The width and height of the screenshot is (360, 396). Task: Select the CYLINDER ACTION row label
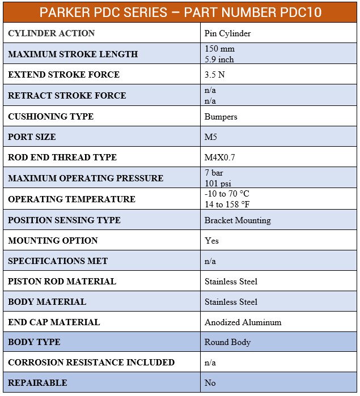click(x=52, y=33)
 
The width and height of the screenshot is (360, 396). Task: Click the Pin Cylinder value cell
click(x=227, y=33)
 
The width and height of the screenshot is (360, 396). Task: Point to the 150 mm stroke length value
click(x=219, y=49)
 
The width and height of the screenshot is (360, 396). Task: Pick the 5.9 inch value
click(x=219, y=59)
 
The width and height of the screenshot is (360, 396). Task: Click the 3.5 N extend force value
click(x=215, y=75)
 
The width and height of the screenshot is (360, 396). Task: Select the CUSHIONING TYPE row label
click(x=50, y=117)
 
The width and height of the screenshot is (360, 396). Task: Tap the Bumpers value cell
click(x=221, y=117)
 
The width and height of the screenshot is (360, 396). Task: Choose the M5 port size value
click(x=211, y=137)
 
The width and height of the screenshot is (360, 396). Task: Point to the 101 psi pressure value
click(x=218, y=183)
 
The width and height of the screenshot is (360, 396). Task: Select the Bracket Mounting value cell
click(x=238, y=220)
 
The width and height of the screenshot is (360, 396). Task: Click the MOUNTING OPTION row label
click(x=53, y=241)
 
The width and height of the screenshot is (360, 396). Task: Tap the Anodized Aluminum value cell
click(x=243, y=322)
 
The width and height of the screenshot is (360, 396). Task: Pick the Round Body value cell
click(x=227, y=342)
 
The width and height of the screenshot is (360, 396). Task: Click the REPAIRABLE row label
click(x=37, y=383)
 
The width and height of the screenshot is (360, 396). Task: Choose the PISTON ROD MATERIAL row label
click(x=62, y=282)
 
